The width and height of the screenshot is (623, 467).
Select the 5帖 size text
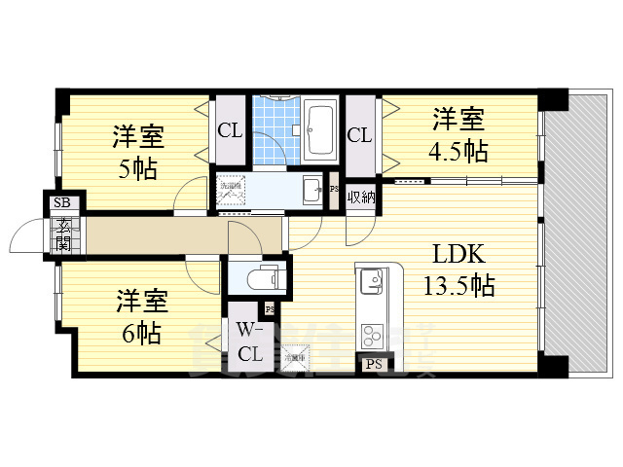pos(137,167)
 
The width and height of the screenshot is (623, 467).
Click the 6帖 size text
pos(142,333)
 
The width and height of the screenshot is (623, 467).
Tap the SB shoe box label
pos(61,203)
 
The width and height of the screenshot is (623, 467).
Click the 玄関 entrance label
pos(62,235)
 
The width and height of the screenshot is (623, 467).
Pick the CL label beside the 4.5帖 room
pos(359,135)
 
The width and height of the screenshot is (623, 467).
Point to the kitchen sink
pos(371,283)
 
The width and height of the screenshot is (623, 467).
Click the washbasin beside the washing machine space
pos(312,190)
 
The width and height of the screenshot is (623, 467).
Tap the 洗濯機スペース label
pos(232,191)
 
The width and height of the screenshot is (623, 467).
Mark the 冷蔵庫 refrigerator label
pos(294,359)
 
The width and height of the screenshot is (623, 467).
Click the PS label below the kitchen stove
pos(373,365)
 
